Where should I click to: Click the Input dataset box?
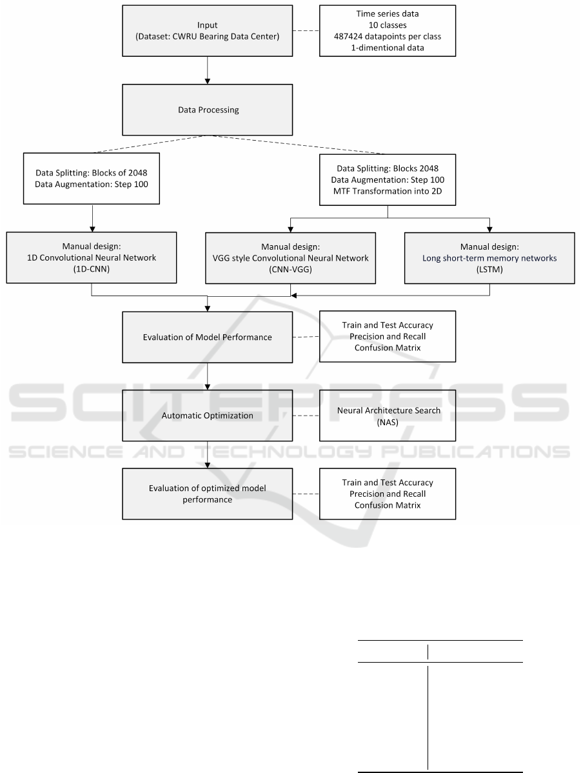208,30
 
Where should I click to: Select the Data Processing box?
208,110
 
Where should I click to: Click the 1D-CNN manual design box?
92,258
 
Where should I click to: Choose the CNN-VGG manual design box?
291,258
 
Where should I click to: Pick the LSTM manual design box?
490,258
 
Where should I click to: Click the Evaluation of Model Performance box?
208,337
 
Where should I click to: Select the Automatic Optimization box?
208,416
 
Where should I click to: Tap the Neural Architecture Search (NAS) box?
388,416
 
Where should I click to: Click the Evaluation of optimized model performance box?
208,494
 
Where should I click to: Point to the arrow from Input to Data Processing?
208,70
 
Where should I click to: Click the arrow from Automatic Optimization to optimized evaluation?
208,454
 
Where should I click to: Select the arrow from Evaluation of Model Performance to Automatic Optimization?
208,376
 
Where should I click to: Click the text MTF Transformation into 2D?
388,191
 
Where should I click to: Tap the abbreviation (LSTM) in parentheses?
490,270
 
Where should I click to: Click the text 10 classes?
388,25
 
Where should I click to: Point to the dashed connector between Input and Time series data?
306,30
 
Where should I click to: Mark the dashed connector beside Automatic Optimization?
306,416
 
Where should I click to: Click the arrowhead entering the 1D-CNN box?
92,229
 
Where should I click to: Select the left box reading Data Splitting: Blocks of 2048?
92,179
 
